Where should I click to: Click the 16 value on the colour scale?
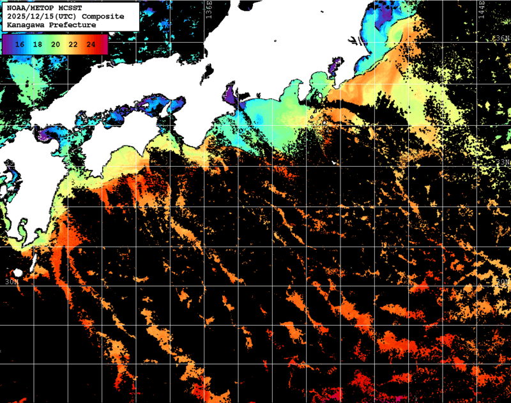20,44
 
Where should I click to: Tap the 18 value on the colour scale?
38,44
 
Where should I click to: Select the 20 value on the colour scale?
56,44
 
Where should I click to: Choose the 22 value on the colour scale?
73,44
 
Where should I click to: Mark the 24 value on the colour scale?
91,44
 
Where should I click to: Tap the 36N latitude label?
503,38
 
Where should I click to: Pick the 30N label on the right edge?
503,281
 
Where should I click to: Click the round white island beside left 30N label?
17,273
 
